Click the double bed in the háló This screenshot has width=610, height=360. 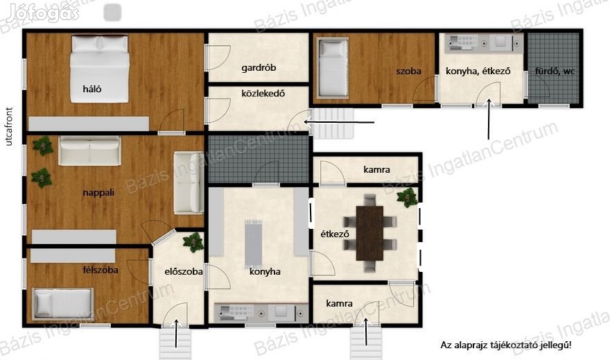[100, 69]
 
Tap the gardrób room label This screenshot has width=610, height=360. [259, 68]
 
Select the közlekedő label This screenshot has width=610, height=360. [263, 94]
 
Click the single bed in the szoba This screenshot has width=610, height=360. [332, 67]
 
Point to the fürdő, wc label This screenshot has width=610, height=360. [555, 71]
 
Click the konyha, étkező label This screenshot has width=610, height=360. [478, 71]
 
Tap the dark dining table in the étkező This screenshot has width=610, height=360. [369, 233]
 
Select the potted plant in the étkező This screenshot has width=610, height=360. [408, 197]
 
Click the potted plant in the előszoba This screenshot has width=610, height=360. [193, 241]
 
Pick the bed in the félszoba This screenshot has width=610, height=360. [63, 303]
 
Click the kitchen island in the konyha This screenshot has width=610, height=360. [254, 243]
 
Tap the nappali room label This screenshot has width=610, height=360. [98, 193]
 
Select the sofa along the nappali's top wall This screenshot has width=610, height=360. [89, 151]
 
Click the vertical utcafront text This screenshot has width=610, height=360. [9, 126]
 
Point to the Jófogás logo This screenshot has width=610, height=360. [43, 14]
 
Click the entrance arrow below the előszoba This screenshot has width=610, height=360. [177, 334]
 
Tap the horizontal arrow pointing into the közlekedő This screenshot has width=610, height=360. [339, 122]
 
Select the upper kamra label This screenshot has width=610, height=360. [376, 170]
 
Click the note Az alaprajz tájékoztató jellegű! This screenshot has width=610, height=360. [506, 345]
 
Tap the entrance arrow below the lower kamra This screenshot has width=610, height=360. [365, 332]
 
